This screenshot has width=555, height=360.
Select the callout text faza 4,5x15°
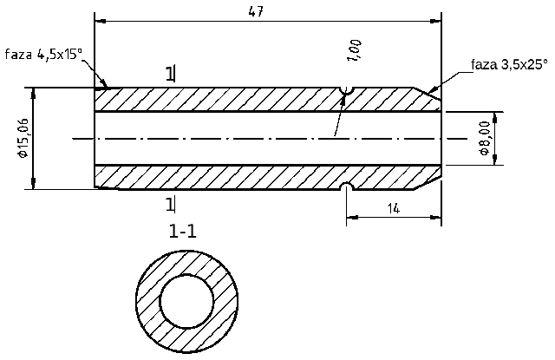[44, 54]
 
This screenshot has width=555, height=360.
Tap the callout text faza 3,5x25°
[509, 63]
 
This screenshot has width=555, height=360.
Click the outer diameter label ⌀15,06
[22, 138]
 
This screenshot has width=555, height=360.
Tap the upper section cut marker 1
[170, 74]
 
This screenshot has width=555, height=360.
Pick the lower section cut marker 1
[170, 204]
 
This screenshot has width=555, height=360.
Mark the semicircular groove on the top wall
[347, 90]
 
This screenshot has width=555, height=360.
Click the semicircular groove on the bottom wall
[347, 187]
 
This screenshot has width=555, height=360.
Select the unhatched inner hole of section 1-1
[186, 301]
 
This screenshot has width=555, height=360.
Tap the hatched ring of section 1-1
[147, 301]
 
